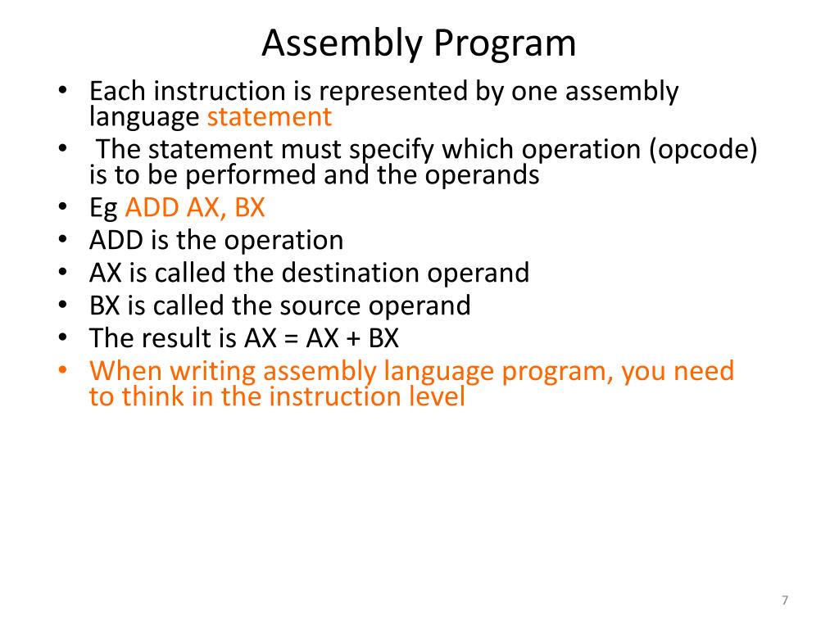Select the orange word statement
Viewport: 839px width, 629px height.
[270, 117]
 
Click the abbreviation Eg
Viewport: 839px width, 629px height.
[103, 208]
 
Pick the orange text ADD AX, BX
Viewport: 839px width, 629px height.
[195, 208]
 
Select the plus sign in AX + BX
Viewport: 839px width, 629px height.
[355, 338]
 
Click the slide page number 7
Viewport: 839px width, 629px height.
[785, 601]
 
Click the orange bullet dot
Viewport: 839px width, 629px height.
[63, 371]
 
